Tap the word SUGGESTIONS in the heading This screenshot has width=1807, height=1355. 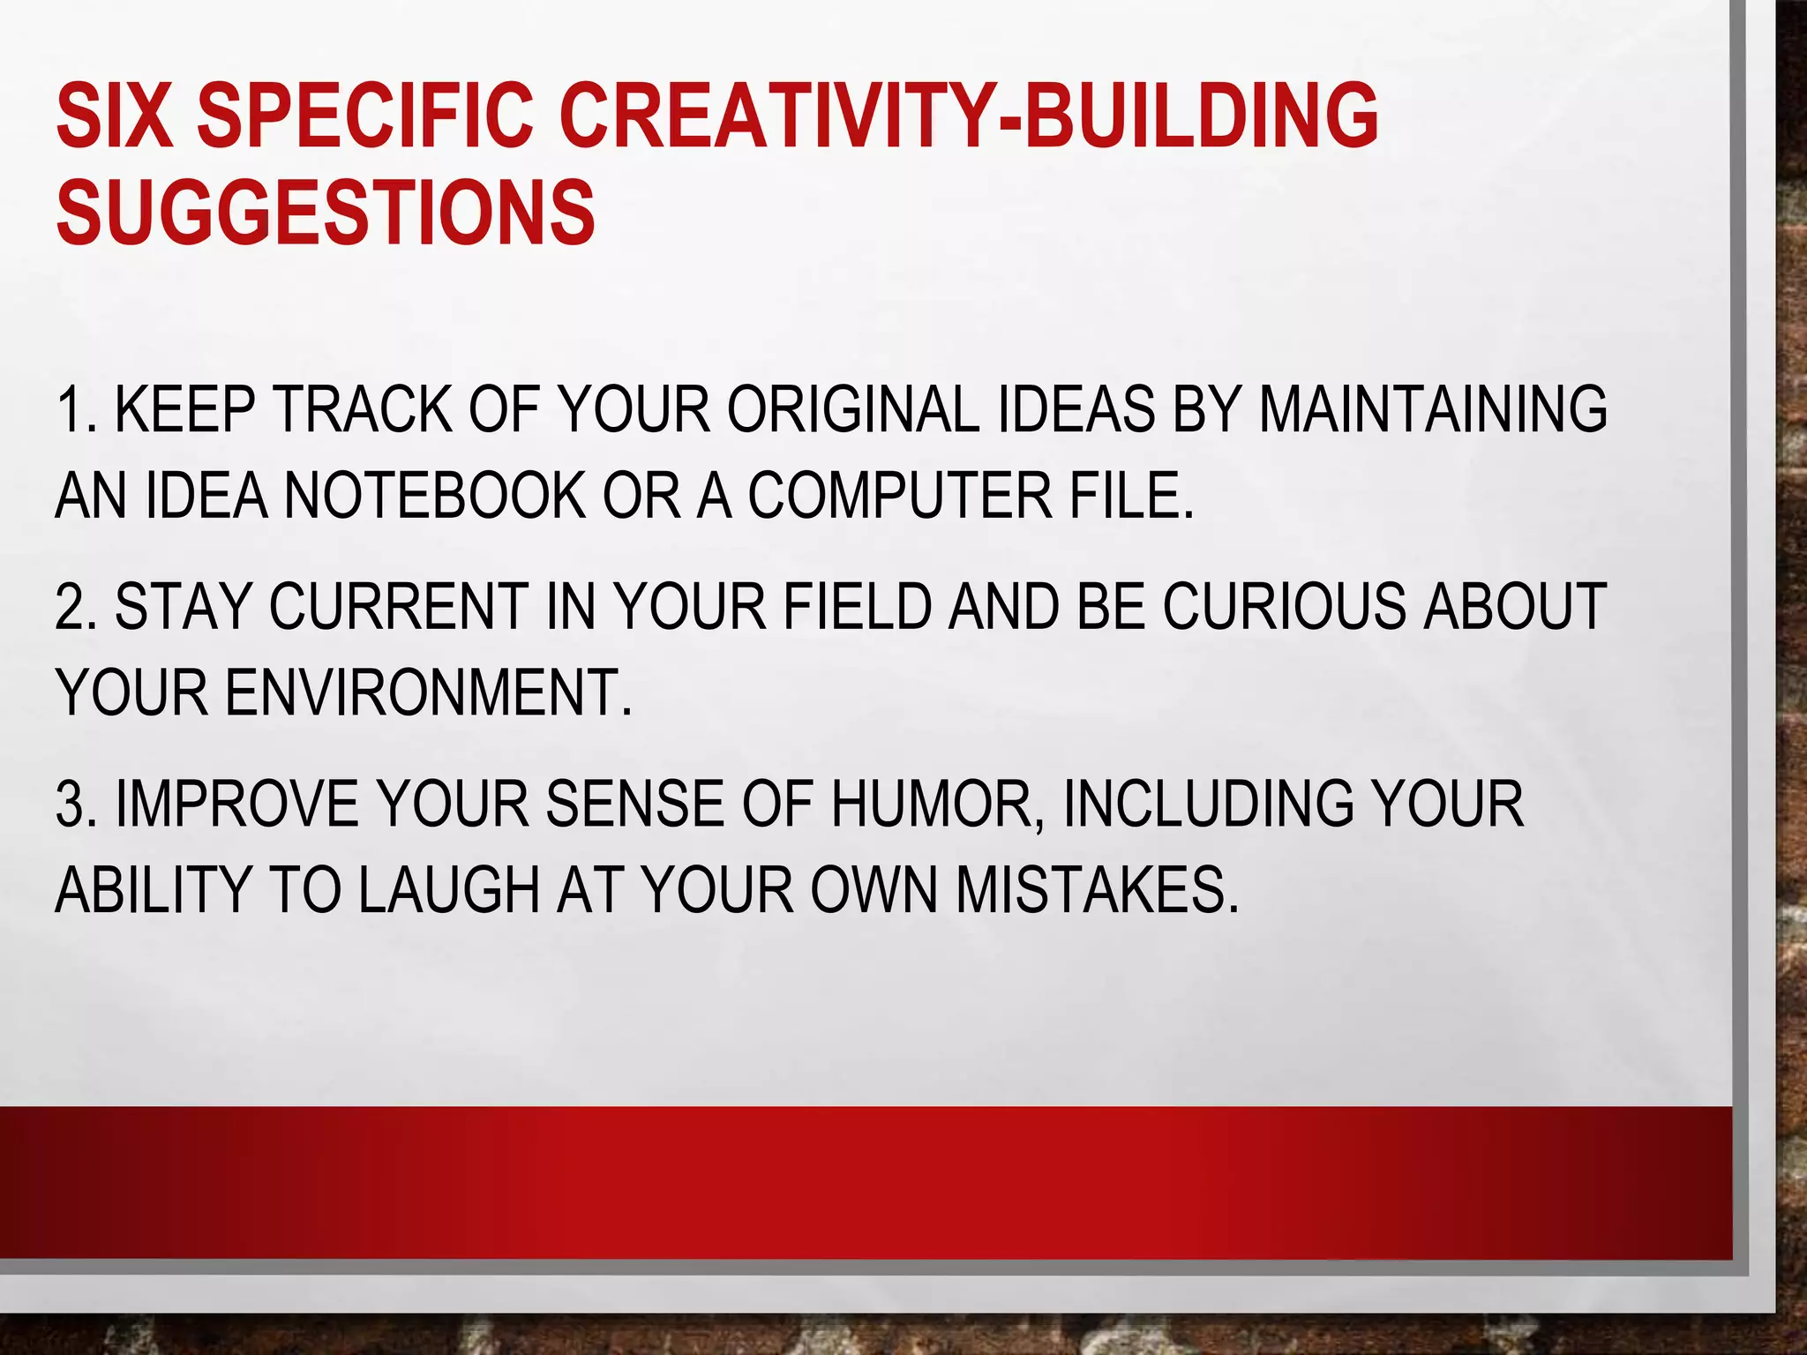326,213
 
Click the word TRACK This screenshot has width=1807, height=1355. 362,410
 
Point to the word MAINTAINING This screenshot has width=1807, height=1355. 1432,410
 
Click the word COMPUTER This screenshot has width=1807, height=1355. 900,496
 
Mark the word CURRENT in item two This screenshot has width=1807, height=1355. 398,607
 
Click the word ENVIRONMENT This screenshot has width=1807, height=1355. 429,692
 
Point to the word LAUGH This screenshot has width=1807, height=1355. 449,889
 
